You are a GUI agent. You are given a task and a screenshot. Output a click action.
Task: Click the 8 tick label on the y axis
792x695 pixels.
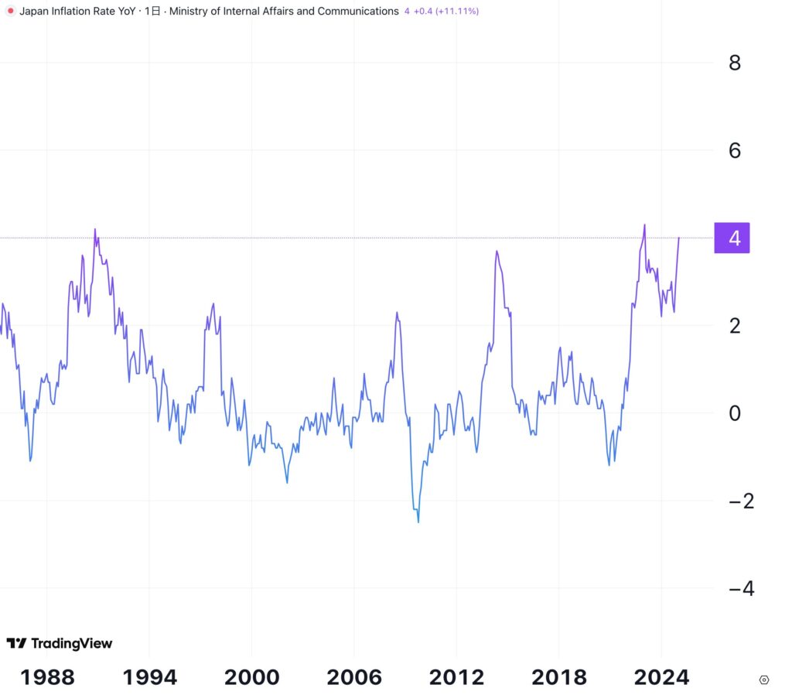(734, 63)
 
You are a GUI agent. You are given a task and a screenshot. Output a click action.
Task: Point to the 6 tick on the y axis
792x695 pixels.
(734, 150)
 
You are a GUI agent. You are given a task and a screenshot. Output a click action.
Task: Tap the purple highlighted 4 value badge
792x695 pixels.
(734, 238)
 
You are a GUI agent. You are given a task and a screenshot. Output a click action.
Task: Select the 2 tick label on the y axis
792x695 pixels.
(734, 326)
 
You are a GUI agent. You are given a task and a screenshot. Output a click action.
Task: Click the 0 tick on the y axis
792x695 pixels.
(734, 413)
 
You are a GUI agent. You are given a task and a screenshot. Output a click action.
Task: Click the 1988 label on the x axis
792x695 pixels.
(47, 677)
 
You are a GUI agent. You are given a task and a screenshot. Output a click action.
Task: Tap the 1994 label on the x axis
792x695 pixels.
(150, 677)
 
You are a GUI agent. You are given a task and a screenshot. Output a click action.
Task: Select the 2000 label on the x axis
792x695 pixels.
(251, 677)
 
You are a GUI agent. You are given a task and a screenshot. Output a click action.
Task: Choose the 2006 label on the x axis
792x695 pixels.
(353, 677)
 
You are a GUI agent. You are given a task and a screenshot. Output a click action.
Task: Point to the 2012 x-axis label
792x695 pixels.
(456, 677)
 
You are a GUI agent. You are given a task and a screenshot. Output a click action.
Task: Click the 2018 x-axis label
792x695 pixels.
(559, 677)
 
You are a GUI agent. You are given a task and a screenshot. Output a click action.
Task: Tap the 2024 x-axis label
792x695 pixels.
(661, 677)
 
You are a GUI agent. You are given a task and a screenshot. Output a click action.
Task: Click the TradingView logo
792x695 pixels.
(60, 643)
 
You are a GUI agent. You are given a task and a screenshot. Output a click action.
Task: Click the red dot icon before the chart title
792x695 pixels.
(10, 12)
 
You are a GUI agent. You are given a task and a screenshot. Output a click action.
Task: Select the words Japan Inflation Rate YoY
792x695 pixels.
(77, 12)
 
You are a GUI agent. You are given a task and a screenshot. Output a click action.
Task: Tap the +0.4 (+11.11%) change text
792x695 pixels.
(446, 12)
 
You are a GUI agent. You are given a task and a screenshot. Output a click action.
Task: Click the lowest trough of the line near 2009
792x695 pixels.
(418, 522)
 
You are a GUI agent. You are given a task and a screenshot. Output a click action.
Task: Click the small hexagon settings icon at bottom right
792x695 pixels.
(764, 680)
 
